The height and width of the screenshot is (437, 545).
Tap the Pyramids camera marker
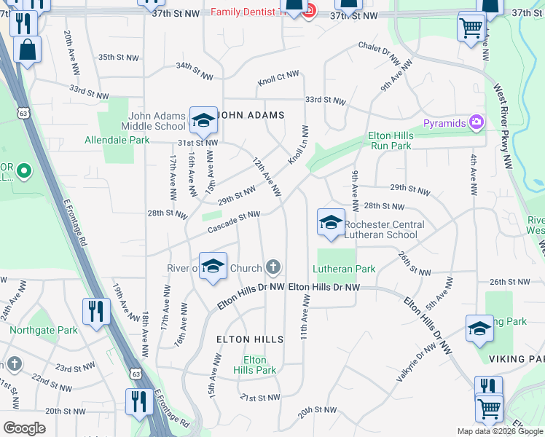click(x=477, y=122)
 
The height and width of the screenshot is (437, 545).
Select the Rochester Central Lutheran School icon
click(x=330, y=221)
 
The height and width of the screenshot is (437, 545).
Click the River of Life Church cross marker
click(x=273, y=267)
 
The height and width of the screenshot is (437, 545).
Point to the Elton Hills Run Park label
click(x=390, y=141)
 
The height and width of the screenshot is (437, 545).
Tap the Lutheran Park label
click(x=345, y=269)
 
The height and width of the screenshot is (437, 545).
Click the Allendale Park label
click(x=117, y=140)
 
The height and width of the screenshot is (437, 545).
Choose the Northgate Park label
click(x=44, y=330)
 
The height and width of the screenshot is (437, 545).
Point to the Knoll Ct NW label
click(x=278, y=78)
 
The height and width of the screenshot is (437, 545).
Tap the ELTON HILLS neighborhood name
click(x=244, y=339)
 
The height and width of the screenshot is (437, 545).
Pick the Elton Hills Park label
click(x=259, y=365)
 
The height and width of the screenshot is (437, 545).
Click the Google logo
click(x=24, y=428)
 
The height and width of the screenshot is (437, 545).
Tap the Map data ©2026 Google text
click(x=500, y=431)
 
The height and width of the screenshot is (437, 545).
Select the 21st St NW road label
click(x=260, y=397)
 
